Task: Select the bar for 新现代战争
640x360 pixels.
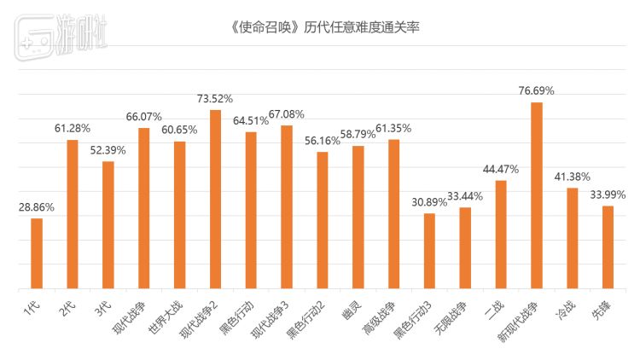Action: [x=537, y=195]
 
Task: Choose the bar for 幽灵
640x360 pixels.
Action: [x=358, y=217]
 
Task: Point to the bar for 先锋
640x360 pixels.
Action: [x=608, y=247]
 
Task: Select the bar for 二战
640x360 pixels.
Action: [x=501, y=235]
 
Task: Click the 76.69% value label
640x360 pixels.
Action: [x=537, y=90]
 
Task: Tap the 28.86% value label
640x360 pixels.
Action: [x=37, y=206]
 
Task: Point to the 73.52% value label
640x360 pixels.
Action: [x=215, y=98]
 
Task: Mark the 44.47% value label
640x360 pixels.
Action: [x=501, y=169]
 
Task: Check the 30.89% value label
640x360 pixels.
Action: [x=429, y=201]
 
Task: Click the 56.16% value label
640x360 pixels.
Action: [x=322, y=140]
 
